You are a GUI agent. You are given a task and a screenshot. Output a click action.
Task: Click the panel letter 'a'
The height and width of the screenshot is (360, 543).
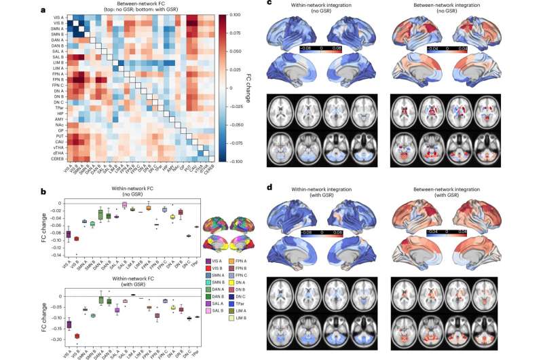click(4, 5)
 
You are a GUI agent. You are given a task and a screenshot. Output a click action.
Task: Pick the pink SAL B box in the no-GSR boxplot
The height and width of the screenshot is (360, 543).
click(124, 204)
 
